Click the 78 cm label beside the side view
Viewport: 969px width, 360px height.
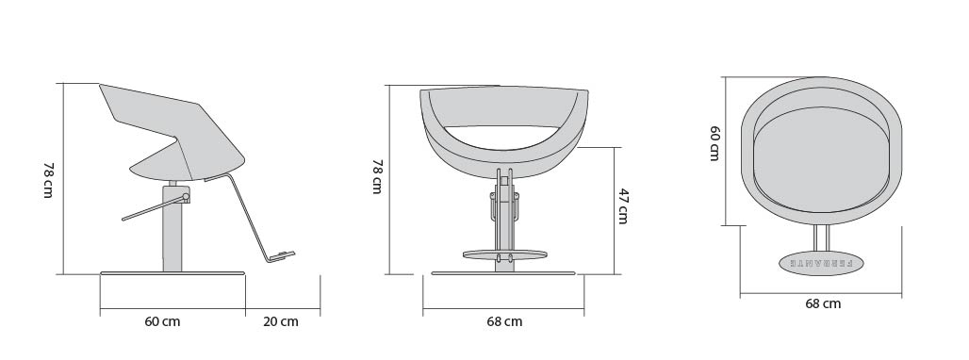[x=48, y=180]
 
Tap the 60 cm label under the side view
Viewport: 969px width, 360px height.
[x=162, y=321]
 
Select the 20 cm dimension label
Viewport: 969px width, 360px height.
[x=281, y=321]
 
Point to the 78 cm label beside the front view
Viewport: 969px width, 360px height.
[x=377, y=176]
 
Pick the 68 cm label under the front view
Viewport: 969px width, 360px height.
[x=504, y=321]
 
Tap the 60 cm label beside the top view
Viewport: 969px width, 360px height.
[x=714, y=143]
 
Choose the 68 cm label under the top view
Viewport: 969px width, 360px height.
[x=823, y=303]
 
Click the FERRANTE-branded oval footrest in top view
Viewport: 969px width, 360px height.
[x=821, y=262]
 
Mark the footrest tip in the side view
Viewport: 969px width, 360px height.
[x=294, y=253]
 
